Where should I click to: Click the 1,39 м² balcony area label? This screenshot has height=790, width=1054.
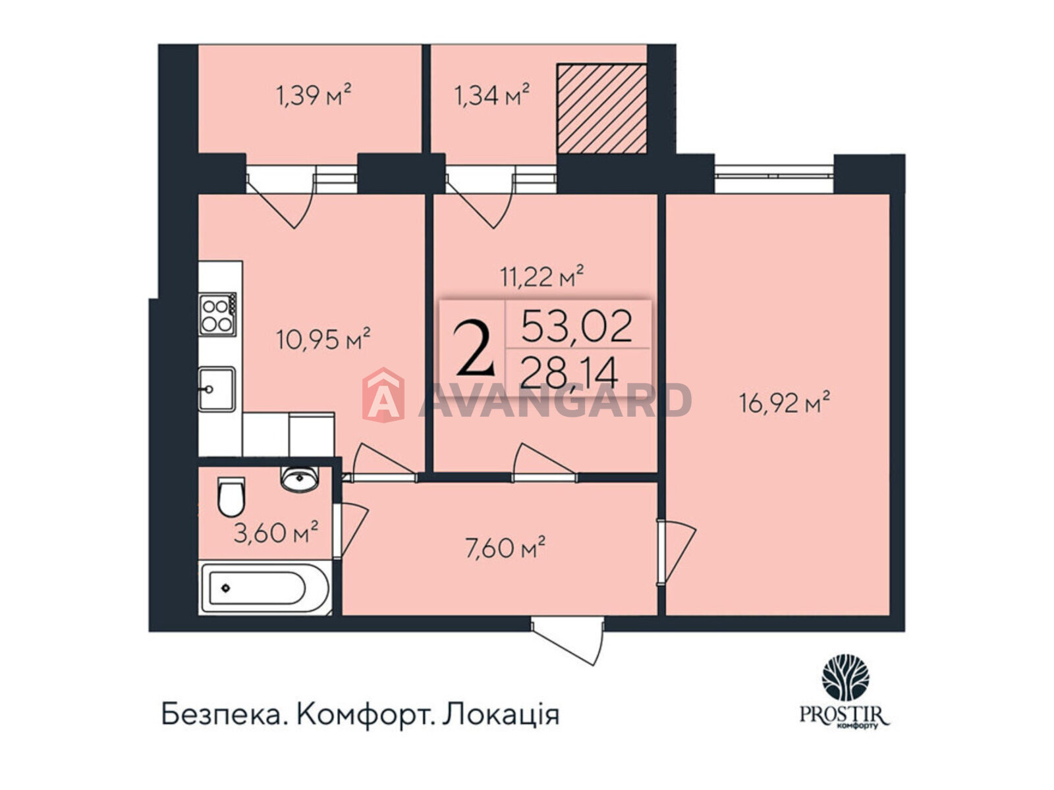(313, 95)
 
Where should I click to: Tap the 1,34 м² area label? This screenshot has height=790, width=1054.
(491, 95)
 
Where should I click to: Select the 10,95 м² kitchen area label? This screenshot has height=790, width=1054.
(323, 340)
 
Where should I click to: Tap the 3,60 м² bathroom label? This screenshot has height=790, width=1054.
(275, 532)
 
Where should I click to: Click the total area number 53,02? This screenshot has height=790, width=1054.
(576, 326)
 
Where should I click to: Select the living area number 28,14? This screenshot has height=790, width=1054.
(569, 374)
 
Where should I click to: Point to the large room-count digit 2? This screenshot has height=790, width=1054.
(474, 349)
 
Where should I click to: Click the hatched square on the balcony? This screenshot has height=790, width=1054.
(601, 109)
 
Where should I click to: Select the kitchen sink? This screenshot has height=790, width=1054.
(217, 390)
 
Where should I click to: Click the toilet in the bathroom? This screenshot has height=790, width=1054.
(231, 496)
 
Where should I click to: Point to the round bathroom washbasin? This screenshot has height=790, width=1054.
(300, 479)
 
